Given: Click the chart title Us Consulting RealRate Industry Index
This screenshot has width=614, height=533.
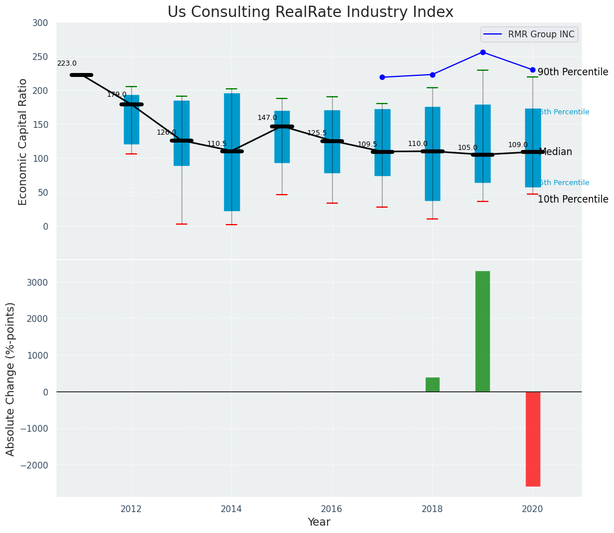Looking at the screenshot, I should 310,12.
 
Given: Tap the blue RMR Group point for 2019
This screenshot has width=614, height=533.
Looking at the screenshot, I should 483,52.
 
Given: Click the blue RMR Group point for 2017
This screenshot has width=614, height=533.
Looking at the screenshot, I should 382,77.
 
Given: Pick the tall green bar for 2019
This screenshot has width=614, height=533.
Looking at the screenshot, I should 483,331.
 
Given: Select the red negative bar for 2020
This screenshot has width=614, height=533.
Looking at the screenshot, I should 533,439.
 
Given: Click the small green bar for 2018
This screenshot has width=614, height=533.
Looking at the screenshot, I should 432,385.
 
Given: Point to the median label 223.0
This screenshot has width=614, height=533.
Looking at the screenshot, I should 67,64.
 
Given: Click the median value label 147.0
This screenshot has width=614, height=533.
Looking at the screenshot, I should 267,118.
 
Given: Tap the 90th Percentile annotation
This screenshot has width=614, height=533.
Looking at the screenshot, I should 573,72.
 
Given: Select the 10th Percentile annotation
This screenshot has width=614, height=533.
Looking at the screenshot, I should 573,200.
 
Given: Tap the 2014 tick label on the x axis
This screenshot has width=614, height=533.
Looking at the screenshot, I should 231,509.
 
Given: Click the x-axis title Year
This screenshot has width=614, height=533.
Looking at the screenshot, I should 319,522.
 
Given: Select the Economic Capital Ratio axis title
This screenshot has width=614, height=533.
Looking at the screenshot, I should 23,141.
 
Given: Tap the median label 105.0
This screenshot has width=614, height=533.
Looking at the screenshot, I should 467,148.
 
